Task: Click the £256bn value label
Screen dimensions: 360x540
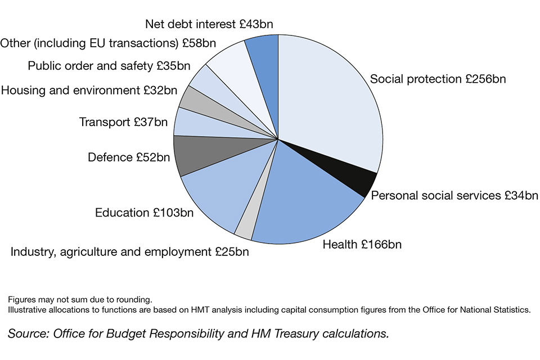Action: coord(485,79)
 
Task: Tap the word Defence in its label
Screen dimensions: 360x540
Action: coord(110,157)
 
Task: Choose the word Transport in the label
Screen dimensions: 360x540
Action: coord(105,122)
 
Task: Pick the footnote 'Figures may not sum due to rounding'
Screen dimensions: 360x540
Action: coord(80,299)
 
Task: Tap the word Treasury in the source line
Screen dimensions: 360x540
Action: coord(292,334)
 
